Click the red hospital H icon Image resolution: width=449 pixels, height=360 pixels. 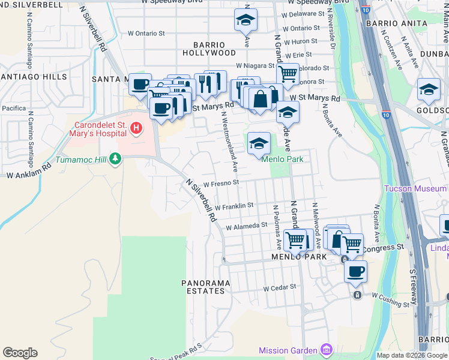137,128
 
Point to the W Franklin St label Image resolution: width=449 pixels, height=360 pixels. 234,206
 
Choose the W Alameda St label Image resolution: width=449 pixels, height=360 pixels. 246,226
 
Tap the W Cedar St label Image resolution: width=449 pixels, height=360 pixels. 280,287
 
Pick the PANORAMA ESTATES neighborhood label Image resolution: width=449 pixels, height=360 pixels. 205,287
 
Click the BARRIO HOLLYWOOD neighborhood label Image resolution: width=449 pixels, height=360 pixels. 214,49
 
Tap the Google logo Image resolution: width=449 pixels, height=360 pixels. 20,353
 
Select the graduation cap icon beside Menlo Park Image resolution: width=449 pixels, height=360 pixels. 259,143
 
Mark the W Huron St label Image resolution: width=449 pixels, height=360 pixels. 300,41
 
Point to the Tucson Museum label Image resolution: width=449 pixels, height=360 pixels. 415,189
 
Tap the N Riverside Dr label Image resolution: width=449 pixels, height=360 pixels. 331,30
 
